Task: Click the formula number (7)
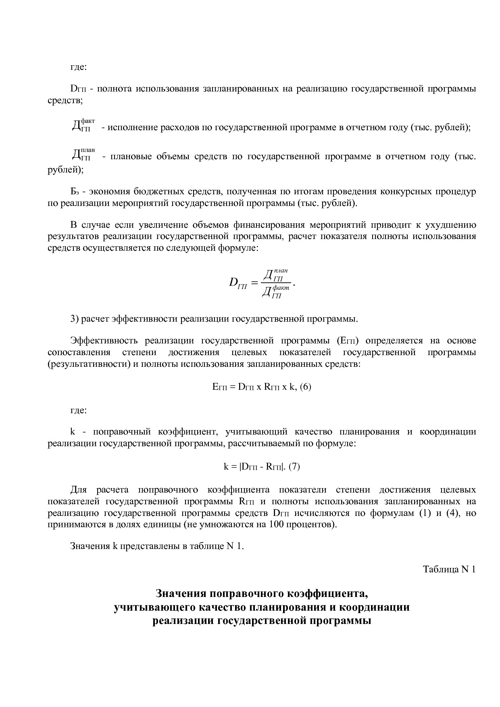[294, 467]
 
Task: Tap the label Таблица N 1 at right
[449, 569]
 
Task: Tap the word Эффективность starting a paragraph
[103, 341]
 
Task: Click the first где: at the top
[78, 67]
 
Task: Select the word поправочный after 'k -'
[122, 432]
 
